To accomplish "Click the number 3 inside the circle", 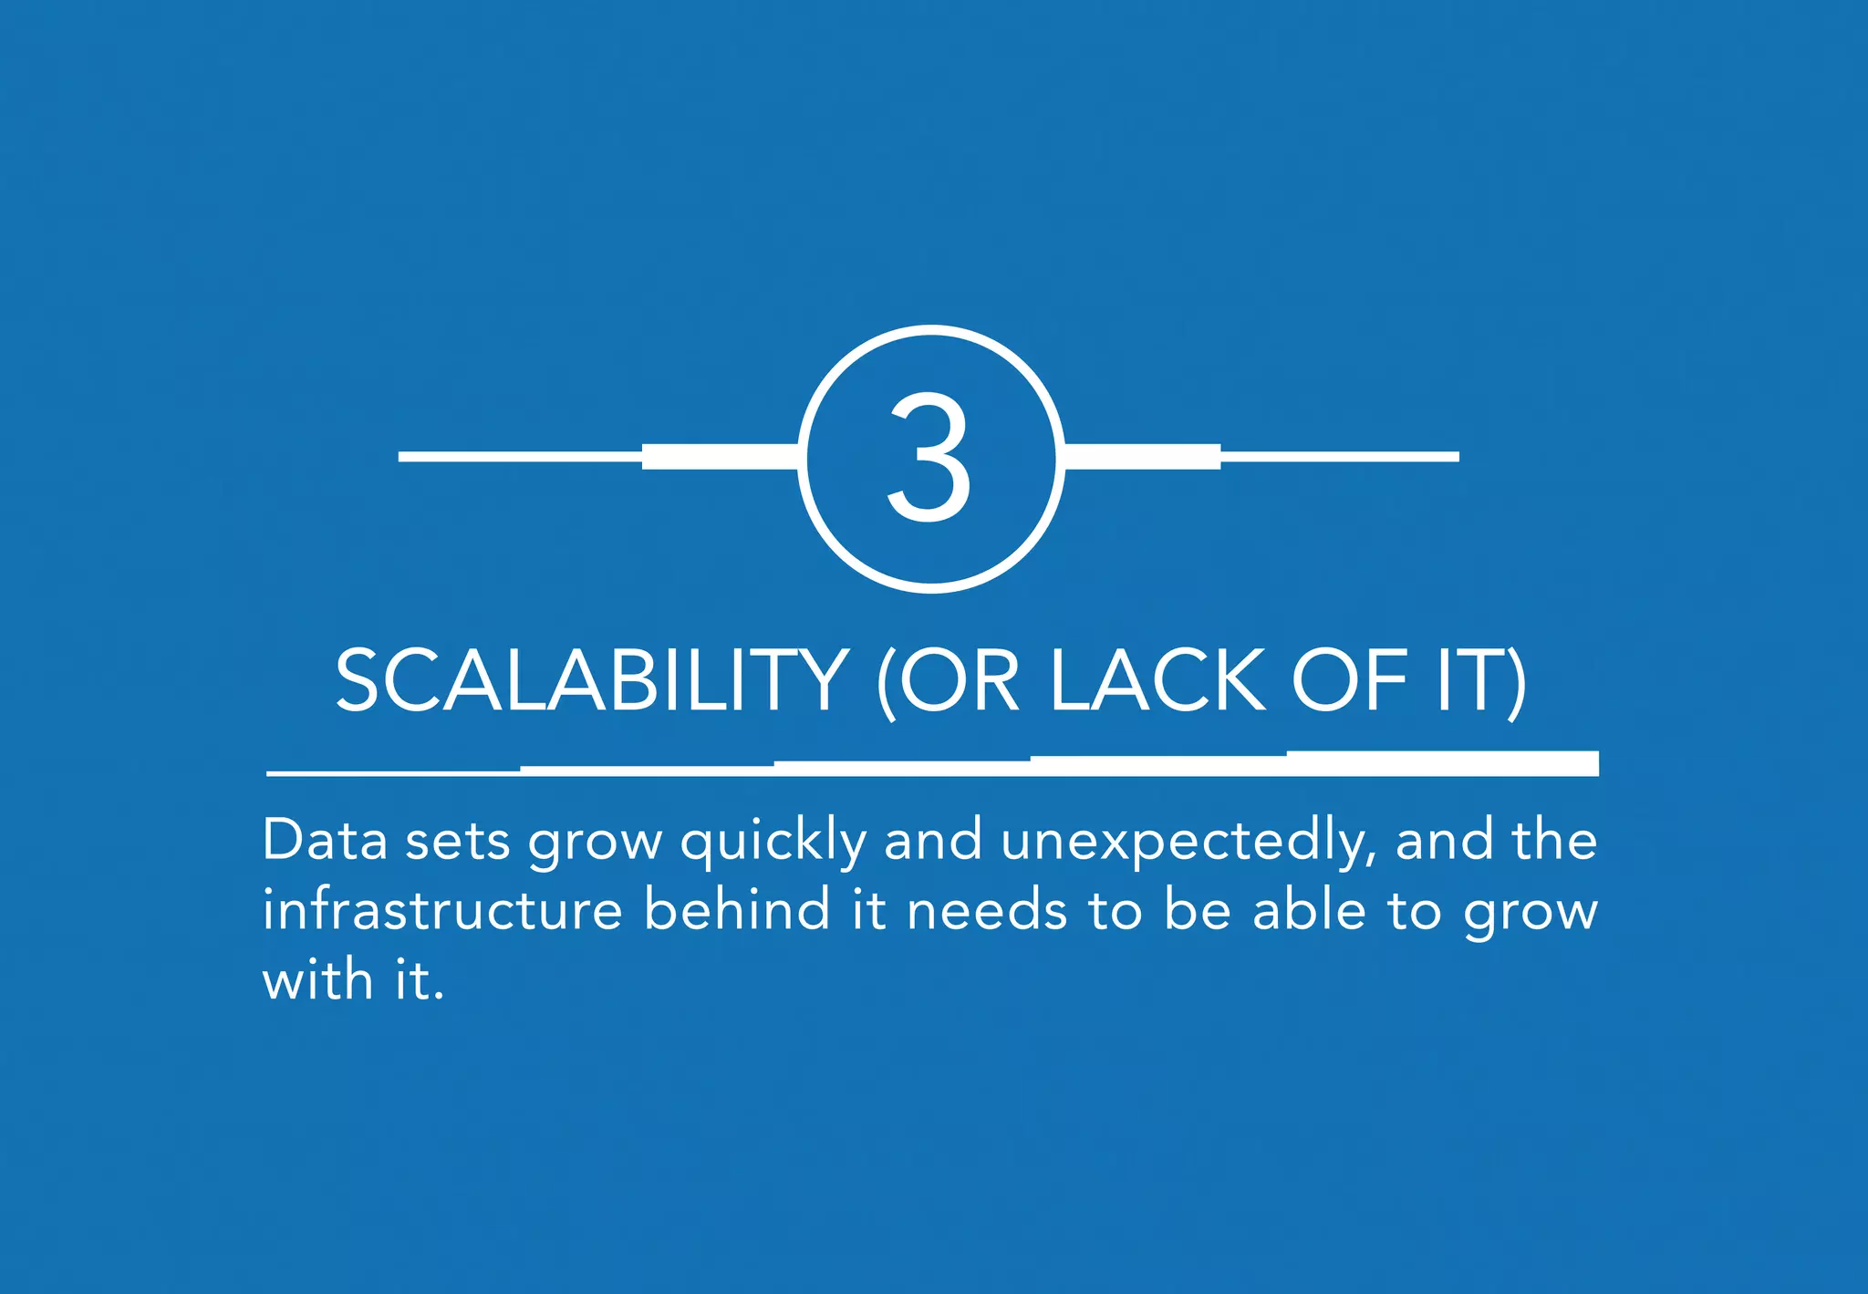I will pyautogui.click(x=929, y=458).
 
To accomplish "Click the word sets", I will pyautogui.click(x=457, y=842).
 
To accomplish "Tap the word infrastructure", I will pyautogui.click(x=442, y=910).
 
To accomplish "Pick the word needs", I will pyautogui.click(x=987, y=911).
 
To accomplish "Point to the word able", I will pyautogui.click(x=1309, y=910).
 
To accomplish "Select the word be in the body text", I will pyautogui.click(x=1198, y=910).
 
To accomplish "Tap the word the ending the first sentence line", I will pyautogui.click(x=1554, y=840).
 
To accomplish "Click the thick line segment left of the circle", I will pyautogui.click(x=721, y=456).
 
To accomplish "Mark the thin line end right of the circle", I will pyautogui.click(x=1450, y=457).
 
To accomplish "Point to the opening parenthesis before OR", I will pyautogui.click(x=883, y=684).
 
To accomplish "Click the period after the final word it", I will pyautogui.click(x=440, y=997).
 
